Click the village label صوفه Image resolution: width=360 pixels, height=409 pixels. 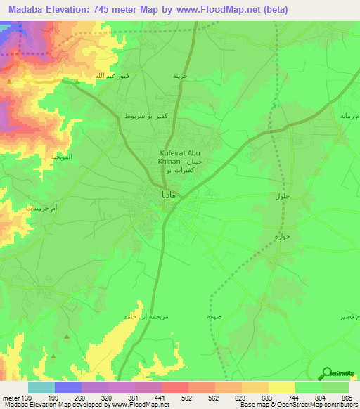(x=215, y=317)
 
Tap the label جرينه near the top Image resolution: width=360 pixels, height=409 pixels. (x=182, y=75)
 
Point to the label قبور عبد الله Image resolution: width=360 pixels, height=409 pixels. (x=103, y=75)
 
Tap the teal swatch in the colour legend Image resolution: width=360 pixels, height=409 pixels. (x=41, y=387)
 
